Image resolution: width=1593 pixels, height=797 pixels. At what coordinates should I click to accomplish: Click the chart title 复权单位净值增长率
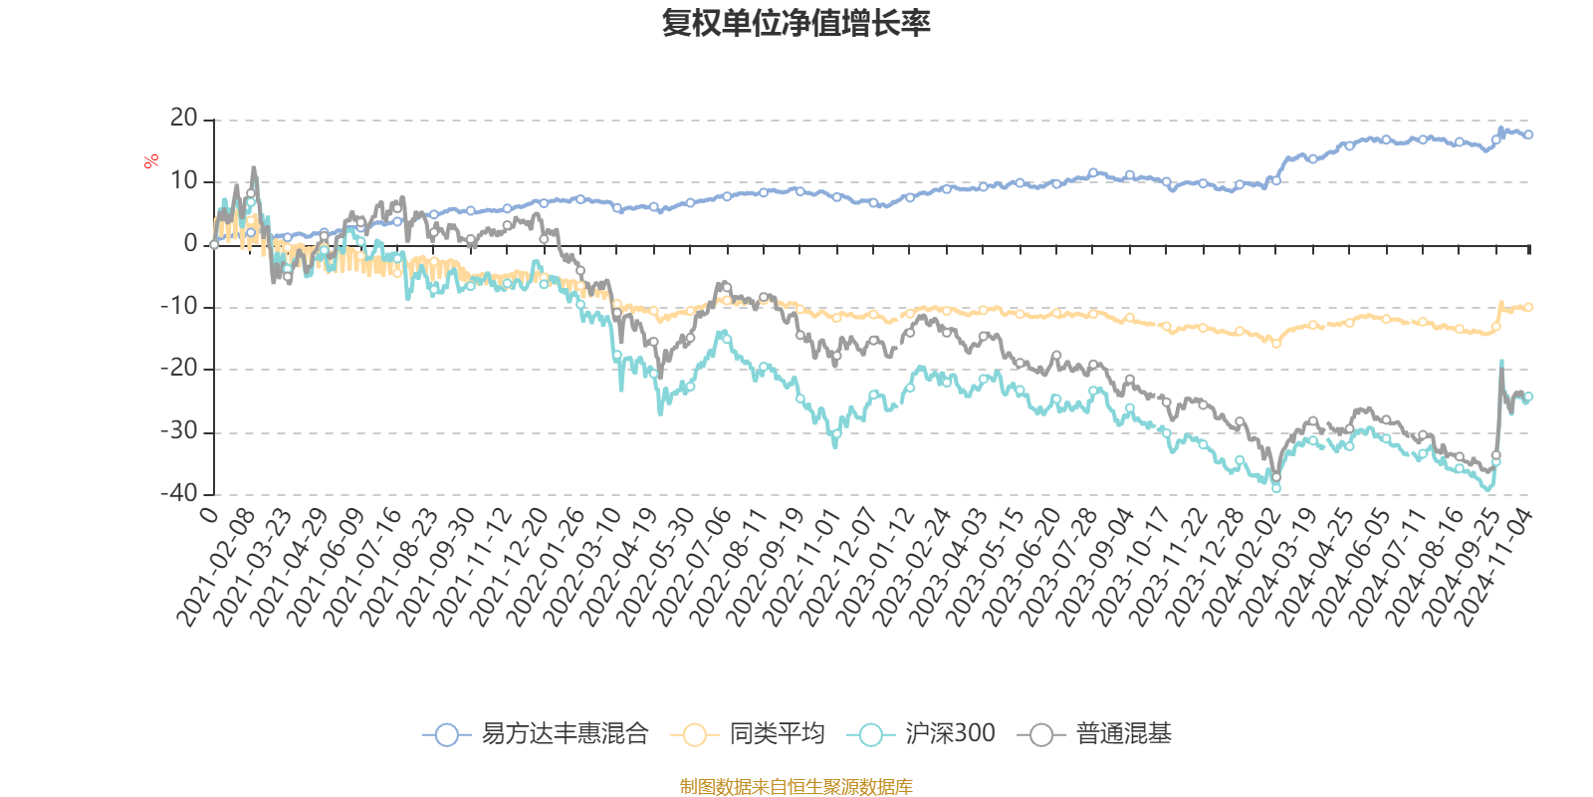click(x=796, y=23)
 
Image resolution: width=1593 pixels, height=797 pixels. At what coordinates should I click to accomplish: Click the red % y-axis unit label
click(x=151, y=160)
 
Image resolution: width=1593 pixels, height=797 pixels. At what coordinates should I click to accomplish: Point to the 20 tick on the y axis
click(x=184, y=119)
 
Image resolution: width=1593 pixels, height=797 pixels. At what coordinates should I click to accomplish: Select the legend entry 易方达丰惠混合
click(x=564, y=734)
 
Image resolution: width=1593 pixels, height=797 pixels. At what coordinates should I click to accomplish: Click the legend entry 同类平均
click(x=777, y=734)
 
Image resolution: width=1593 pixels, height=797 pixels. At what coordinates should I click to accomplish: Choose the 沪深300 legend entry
click(x=949, y=734)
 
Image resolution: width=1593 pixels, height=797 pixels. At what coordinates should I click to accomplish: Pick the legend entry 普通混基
click(x=1123, y=734)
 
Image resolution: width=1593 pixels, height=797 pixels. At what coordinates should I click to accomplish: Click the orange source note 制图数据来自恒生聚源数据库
click(x=796, y=787)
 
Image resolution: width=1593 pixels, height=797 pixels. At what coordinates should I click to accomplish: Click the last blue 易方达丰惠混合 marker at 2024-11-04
click(x=1528, y=134)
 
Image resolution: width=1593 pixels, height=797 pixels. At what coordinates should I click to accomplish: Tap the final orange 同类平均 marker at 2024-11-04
click(x=1528, y=307)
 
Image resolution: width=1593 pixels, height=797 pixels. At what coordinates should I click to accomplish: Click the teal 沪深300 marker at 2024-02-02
click(x=1276, y=487)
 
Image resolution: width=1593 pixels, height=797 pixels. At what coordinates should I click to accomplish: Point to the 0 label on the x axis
click(x=208, y=515)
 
